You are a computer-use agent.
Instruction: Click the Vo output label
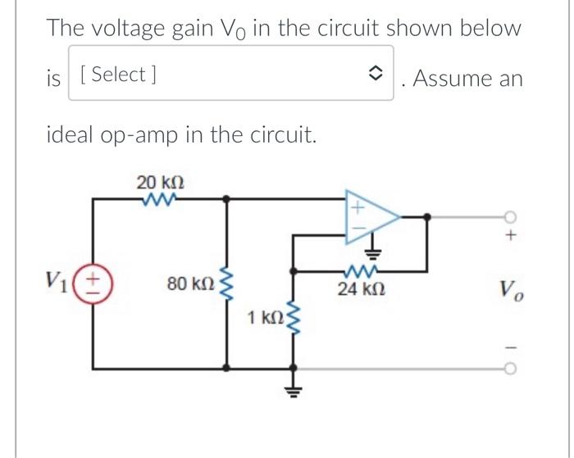511,289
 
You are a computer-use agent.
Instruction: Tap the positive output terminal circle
511,216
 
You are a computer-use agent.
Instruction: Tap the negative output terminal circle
511,369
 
